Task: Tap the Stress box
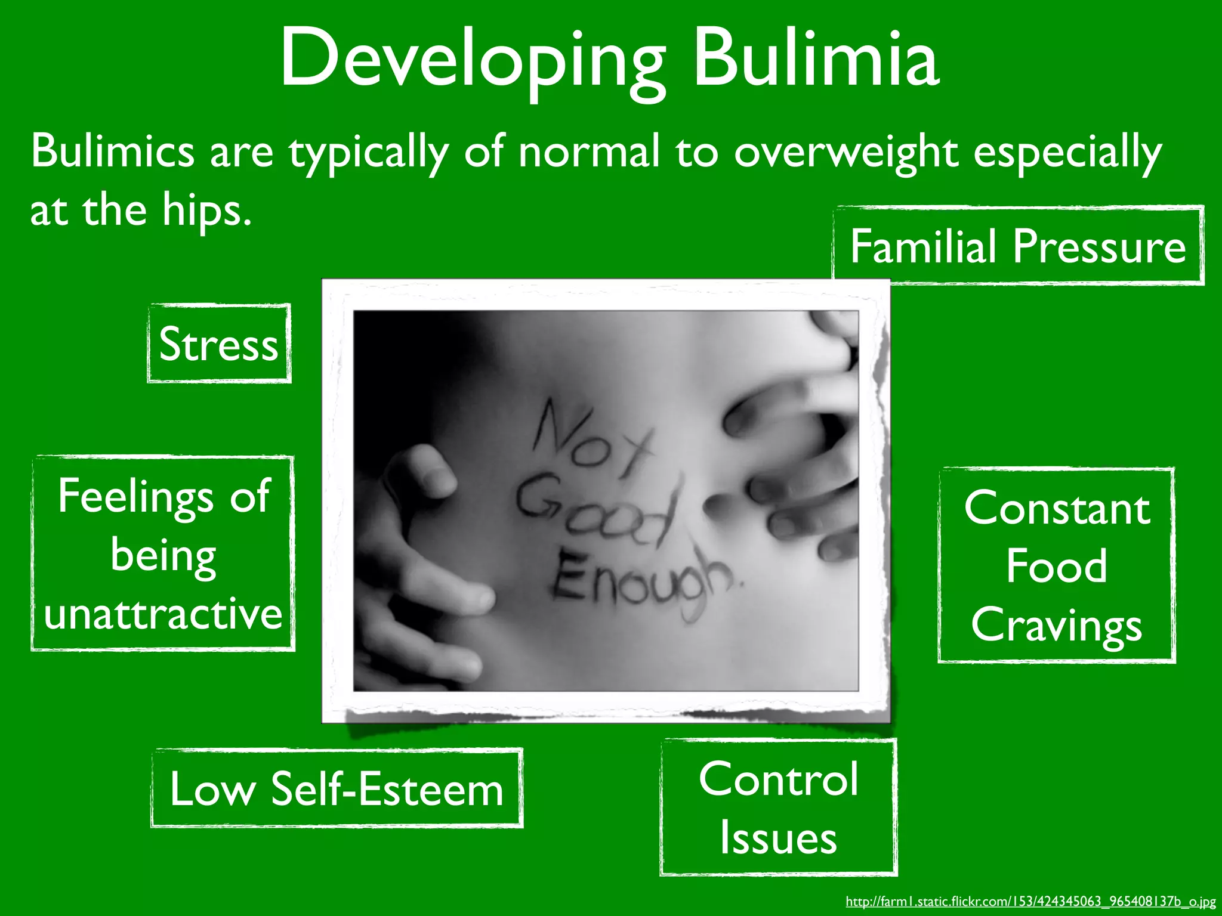(x=219, y=344)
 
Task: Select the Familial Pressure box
(x=1018, y=246)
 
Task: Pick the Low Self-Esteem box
(x=337, y=788)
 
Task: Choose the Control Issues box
(x=778, y=807)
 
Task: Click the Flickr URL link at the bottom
(x=1030, y=901)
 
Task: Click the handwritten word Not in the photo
(x=591, y=438)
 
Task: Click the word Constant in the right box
(x=1057, y=508)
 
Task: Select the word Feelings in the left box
(x=136, y=497)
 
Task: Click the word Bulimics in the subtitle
(x=113, y=151)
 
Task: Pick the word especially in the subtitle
(x=1067, y=152)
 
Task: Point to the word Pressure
(x=1099, y=246)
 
